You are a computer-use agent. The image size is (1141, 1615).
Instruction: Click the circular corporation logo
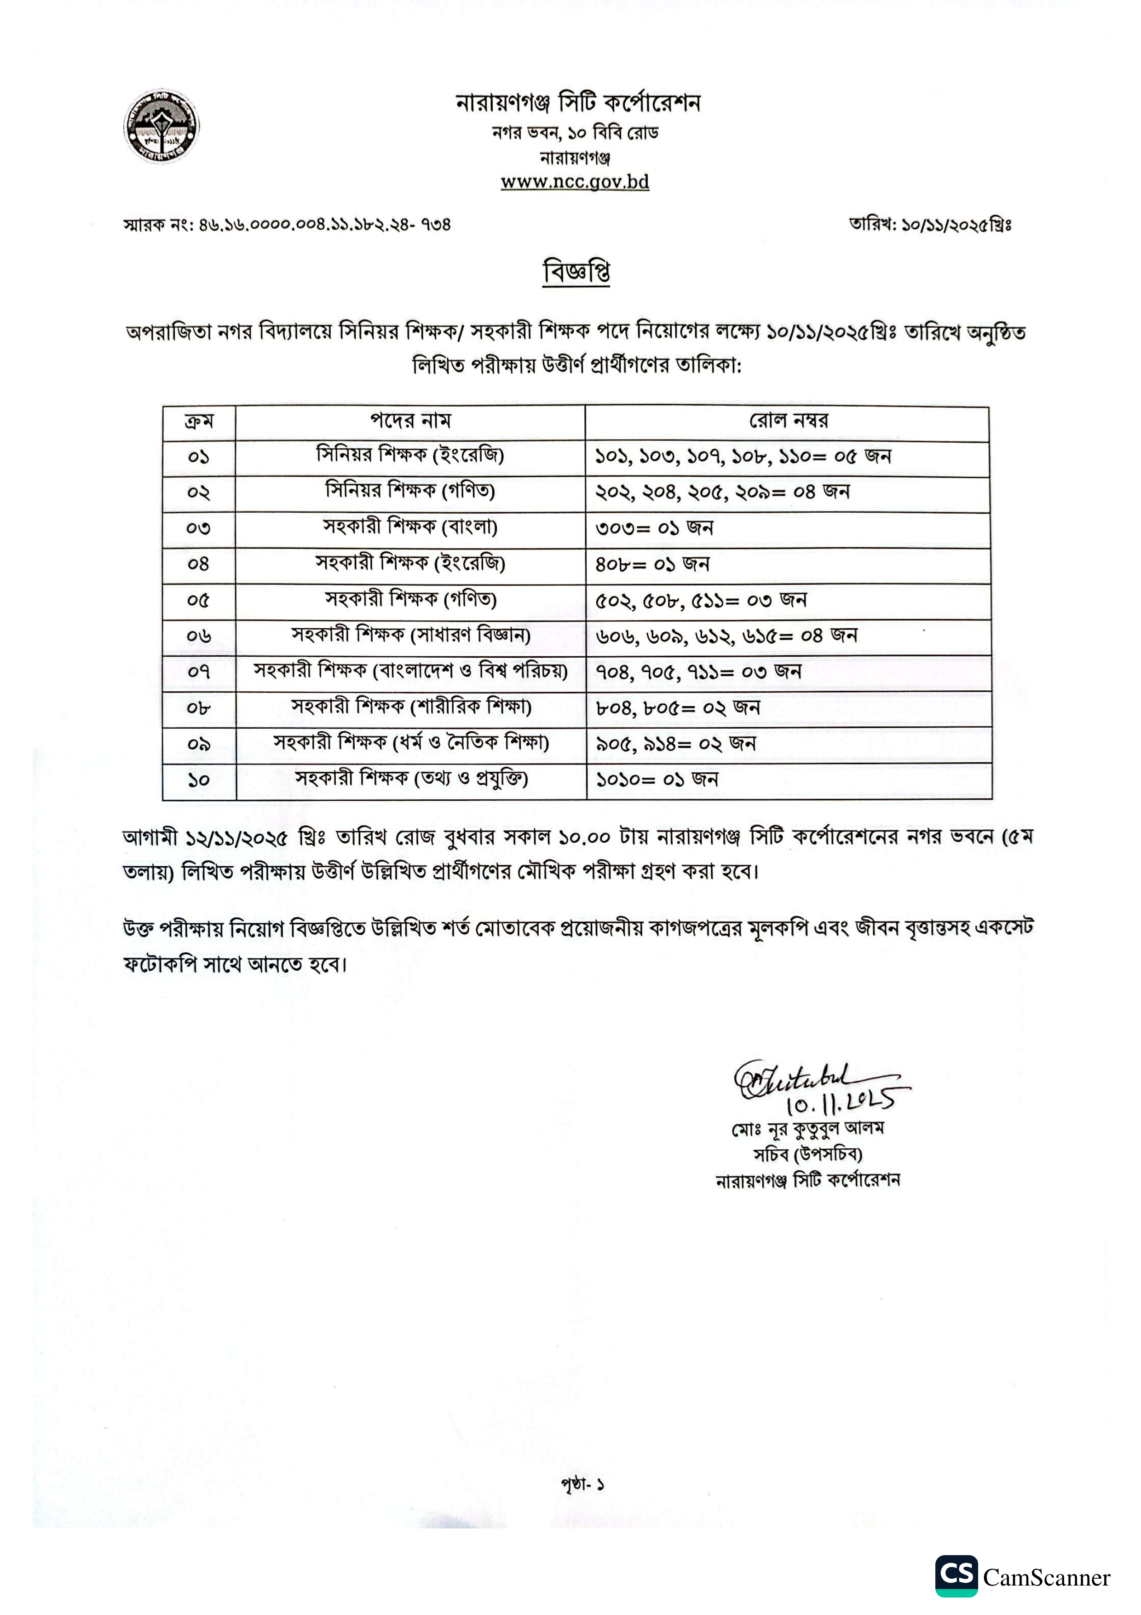pyautogui.click(x=161, y=127)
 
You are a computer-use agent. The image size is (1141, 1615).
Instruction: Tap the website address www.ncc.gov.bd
pyautogui.click(x=574, y=182)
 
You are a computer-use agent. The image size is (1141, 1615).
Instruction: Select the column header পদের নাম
pyautogui.click(x=410, y=421)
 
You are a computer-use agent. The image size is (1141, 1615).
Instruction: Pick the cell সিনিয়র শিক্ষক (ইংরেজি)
pyautogui.click(x=410, y=456)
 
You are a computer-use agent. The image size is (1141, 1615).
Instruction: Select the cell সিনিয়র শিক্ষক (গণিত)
pyautogui.click(x=410, y=491)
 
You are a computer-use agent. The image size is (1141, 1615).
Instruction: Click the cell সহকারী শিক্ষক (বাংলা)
pyautogui.click(x=410, y=527)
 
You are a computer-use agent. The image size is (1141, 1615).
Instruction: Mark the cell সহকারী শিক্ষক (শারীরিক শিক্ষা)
pyautogui.click(x=410, y=707)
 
